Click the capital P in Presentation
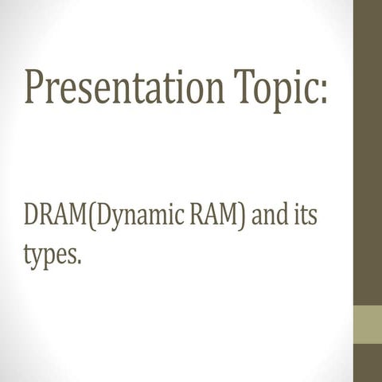click(x=37, y=88)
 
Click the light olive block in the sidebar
click(x=367, y=322)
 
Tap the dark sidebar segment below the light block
click(x=367, y=362)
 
